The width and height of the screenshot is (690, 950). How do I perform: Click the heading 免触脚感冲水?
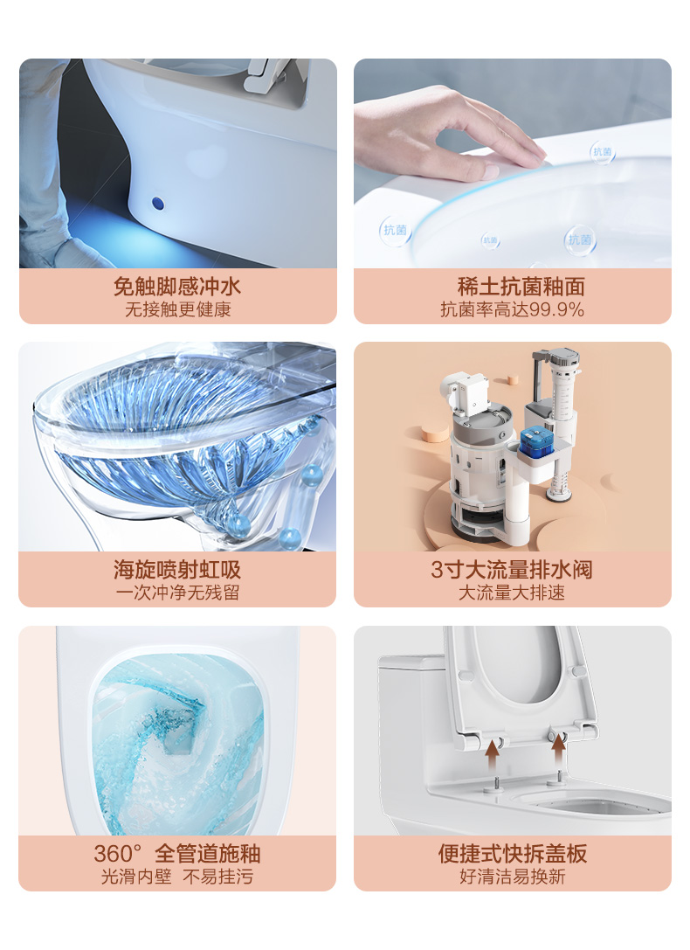coord(177,286)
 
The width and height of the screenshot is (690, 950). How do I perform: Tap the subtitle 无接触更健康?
coord(178,309)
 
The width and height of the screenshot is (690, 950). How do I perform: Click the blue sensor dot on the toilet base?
coord(158,203)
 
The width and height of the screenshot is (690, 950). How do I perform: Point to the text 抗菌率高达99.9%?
coord(512,309)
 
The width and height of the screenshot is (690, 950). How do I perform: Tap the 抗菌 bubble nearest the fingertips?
coord(603,152)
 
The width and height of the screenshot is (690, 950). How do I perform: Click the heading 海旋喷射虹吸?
coord(177,570)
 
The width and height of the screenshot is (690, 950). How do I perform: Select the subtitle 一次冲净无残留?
coord(178,593)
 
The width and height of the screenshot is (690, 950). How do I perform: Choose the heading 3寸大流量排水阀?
coord(512,570)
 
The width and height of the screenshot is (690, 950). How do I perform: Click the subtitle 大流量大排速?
coord(512,593)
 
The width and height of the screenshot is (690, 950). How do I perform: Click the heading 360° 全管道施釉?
coord(177,853)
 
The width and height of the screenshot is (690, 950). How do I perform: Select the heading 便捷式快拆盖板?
coord(512,853)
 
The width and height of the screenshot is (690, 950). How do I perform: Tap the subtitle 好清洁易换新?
coord(512,877)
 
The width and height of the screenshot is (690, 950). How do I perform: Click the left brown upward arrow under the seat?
coord(493,755)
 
